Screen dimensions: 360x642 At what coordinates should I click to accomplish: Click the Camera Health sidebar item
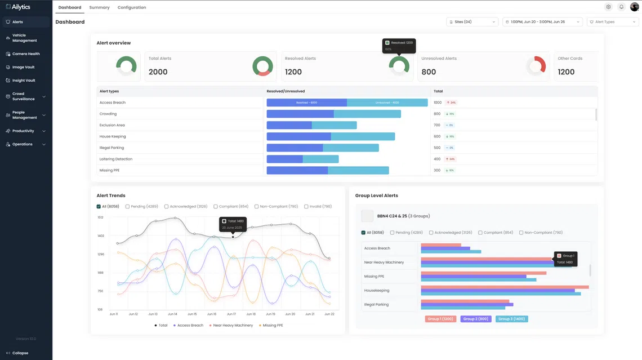pyautogui.click(x=26, y=54)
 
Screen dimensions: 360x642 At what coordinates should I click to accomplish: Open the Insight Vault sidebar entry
pyautogui.click(x=24, y=81)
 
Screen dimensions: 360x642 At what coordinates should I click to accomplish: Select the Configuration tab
pyautogui.click(x=132, y=7)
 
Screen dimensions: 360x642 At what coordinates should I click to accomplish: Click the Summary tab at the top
pyautogui.click(x=99, y=7)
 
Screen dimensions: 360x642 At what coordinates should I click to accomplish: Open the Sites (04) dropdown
pyautogui.click(x=472, y=22)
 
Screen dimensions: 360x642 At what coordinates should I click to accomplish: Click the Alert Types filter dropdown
pyautogui.click(x=613, y=22)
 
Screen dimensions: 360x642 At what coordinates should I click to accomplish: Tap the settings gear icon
pyautogui.click(x=608, y=7)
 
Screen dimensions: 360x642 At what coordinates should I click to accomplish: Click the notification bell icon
pyautogui.click(x=621, y=7)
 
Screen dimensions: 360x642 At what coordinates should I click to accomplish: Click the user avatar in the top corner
pyautogui.click(x=634, y=7)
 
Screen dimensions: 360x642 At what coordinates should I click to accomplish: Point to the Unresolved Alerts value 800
pyautogui.click(x=429, y=72)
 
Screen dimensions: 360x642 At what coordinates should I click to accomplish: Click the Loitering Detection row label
pyautogui.click(x=116, y=159)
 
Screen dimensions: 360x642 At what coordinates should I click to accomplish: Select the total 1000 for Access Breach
pyautogui.click(x=438, y=103)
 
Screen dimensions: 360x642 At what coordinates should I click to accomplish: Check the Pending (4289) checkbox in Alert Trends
pyautogui.click(x=128, y=207)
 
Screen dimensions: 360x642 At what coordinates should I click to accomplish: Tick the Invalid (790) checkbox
pyautogui.click(x=306, y=207)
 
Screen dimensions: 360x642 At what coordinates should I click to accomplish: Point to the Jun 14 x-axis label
pyautogui.click(x=172, y=314)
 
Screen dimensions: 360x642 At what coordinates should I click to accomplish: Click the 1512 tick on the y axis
pyautogui.click(x=100, y=217)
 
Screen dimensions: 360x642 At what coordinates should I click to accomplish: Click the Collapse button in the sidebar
pyautogui.click(x=20, y=353)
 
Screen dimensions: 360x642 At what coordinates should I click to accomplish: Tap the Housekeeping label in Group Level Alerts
pyautogui.click(x=377, y=291)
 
